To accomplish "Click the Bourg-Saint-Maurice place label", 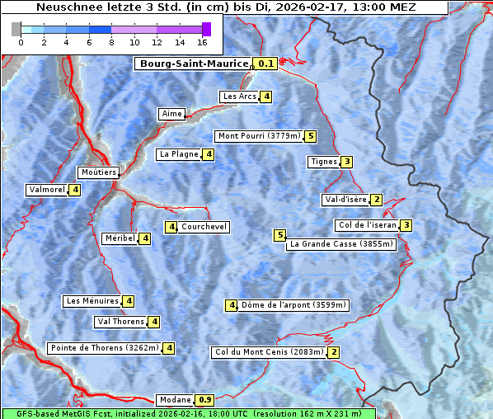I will [194, 64].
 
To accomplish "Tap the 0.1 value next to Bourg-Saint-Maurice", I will [265, 64].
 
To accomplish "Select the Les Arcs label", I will [240, 97].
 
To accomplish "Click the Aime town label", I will [171, 114].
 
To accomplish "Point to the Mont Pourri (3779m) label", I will [258, 136].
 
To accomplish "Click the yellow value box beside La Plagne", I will [209, 154].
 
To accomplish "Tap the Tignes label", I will [323, 162].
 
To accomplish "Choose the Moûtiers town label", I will [98, 172].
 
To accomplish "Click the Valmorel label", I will [47, 190].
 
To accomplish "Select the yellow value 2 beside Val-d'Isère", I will [376, 200].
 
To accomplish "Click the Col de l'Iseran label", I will [367, 225].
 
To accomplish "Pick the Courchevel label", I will [204, 227].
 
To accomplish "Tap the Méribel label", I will [120, 238].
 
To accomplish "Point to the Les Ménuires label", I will [92, 301].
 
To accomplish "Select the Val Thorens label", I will [120, 322].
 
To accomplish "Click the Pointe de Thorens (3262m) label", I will [104, 348].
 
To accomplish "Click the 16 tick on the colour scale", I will [202, 41].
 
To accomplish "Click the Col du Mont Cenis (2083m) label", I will [269, 352].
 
